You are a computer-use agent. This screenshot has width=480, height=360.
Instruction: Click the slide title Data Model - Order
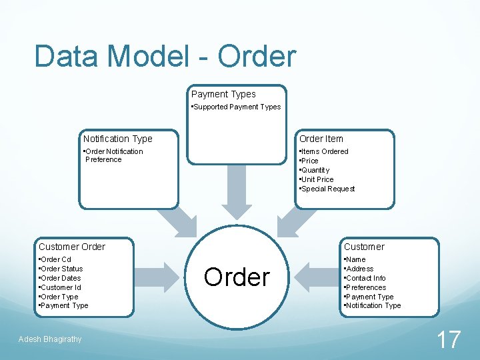pyautogui.click(x=165, y=56)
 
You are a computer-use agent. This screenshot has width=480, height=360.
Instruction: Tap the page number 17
pyautogui.click(x=448, y=340)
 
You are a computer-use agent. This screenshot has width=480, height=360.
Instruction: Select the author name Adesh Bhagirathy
pyautogui.click(x=51, y=339)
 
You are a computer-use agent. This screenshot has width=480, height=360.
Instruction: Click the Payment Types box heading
pyautogui.click(x=223, y=94)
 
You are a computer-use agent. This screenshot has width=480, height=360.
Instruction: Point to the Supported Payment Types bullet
pyautogui.click(x=236, y=107)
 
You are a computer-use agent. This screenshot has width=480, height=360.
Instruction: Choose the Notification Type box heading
pyautogui.click(x=117, y=139)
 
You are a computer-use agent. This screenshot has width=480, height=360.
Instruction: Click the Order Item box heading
pyautogui.click(x=321, y=139)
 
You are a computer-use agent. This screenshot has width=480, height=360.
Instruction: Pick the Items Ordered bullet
pyautogui.click(x=324, y=151)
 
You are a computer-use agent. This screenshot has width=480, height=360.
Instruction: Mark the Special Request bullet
pyautogui.click(x=327, y=189)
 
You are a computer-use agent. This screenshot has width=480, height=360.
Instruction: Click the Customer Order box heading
pyautogui.click(x=72, y=247)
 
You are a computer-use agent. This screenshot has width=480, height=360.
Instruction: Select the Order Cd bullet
pyautogui.click(x=55, y=259)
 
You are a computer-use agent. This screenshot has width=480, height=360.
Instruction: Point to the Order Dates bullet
pyautogui.click(x=60, y=278)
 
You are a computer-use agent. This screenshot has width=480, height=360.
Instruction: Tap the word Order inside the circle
pyautogui.click(x=237, y=277)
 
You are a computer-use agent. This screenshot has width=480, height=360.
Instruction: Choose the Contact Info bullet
pyautogui.click(x=365, y=278)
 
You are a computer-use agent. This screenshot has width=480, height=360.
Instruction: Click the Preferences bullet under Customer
pyautogui.click(x=365, y=287)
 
